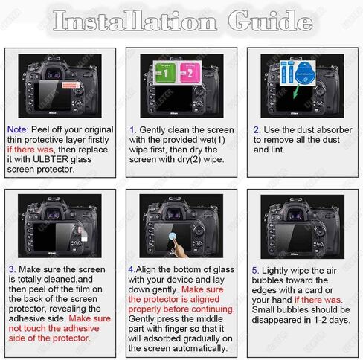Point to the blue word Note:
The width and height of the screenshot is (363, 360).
18,129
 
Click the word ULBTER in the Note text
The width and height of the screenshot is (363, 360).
49,159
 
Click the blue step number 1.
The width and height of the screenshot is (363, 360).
132,129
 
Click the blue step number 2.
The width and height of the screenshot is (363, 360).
256,129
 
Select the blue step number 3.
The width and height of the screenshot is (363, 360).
11,269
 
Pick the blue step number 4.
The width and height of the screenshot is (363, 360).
131,269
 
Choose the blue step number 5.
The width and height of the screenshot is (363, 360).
256,269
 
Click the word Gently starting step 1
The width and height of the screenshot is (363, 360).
157,129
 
